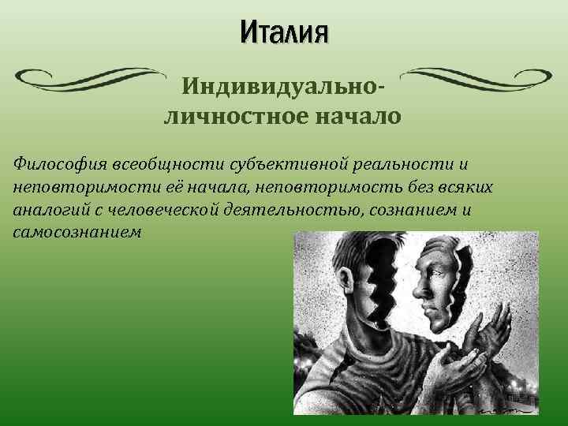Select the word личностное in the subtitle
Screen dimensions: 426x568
236,117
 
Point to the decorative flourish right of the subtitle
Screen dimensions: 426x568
481,76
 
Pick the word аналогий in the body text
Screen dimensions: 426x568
48,211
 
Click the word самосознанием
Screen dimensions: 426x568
78,234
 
